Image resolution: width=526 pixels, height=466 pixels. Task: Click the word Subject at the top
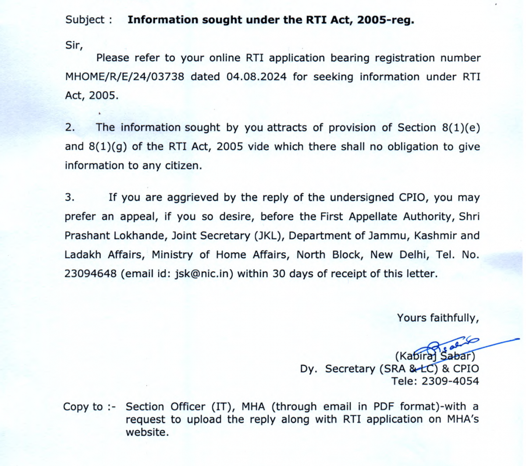(x=85, y=20)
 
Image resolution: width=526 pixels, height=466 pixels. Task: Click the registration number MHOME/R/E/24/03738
(x=124, y=77)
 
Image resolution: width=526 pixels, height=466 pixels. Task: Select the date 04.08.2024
(x=256, y=77)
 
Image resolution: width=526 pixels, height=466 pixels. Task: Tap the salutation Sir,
(x=74, y=45)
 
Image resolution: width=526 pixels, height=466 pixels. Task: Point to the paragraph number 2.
(x=70, y=127)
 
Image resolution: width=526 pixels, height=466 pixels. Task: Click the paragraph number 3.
(x=70, y=198)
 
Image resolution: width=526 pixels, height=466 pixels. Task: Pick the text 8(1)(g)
(x=108, y=146)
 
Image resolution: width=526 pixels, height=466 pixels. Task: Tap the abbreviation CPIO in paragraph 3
(x=413, y=198)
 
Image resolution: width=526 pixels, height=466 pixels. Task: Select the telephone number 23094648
(x=91, y=274)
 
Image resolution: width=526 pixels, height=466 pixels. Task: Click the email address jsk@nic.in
(x=204, y=274)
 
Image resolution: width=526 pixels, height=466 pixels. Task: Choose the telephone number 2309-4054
(x=450, y=381)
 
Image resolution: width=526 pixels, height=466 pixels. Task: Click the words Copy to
(x=83, y=407)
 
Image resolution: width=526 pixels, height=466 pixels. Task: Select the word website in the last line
(x=146, y=432)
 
